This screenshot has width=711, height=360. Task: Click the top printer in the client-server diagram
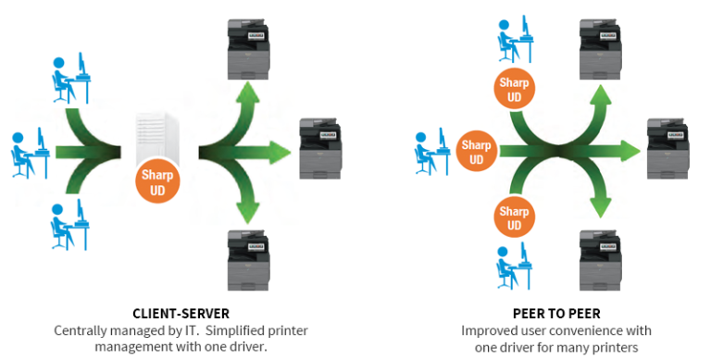pyautogui.click(x=250, y=46)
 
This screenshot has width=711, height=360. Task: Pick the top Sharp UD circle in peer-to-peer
pyautogui.click(x=514, y=90)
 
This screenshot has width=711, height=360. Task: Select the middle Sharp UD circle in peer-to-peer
pyautogui.click(x=476, y=152)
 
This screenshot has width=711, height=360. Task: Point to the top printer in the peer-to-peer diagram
pyautogui.click(x=600, y=46)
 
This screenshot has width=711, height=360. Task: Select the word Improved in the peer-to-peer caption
pyautogui.click(x=487, y=330)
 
